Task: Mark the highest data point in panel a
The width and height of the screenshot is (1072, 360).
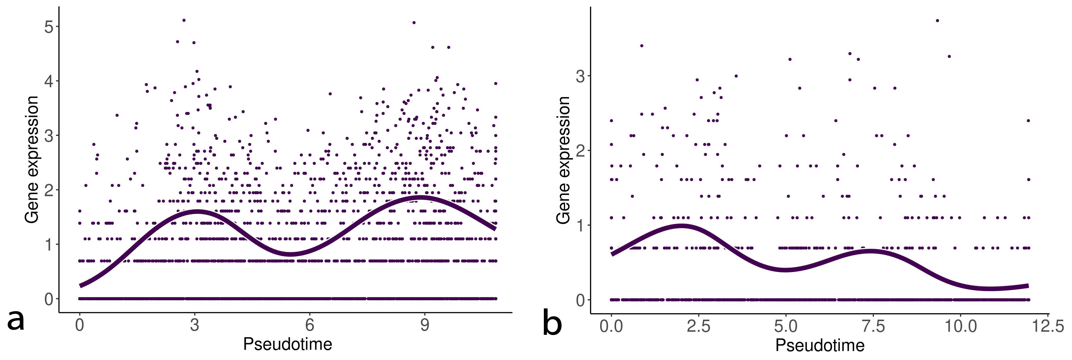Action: coord(184,20)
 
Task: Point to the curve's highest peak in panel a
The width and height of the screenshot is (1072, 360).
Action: coord(420,197)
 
